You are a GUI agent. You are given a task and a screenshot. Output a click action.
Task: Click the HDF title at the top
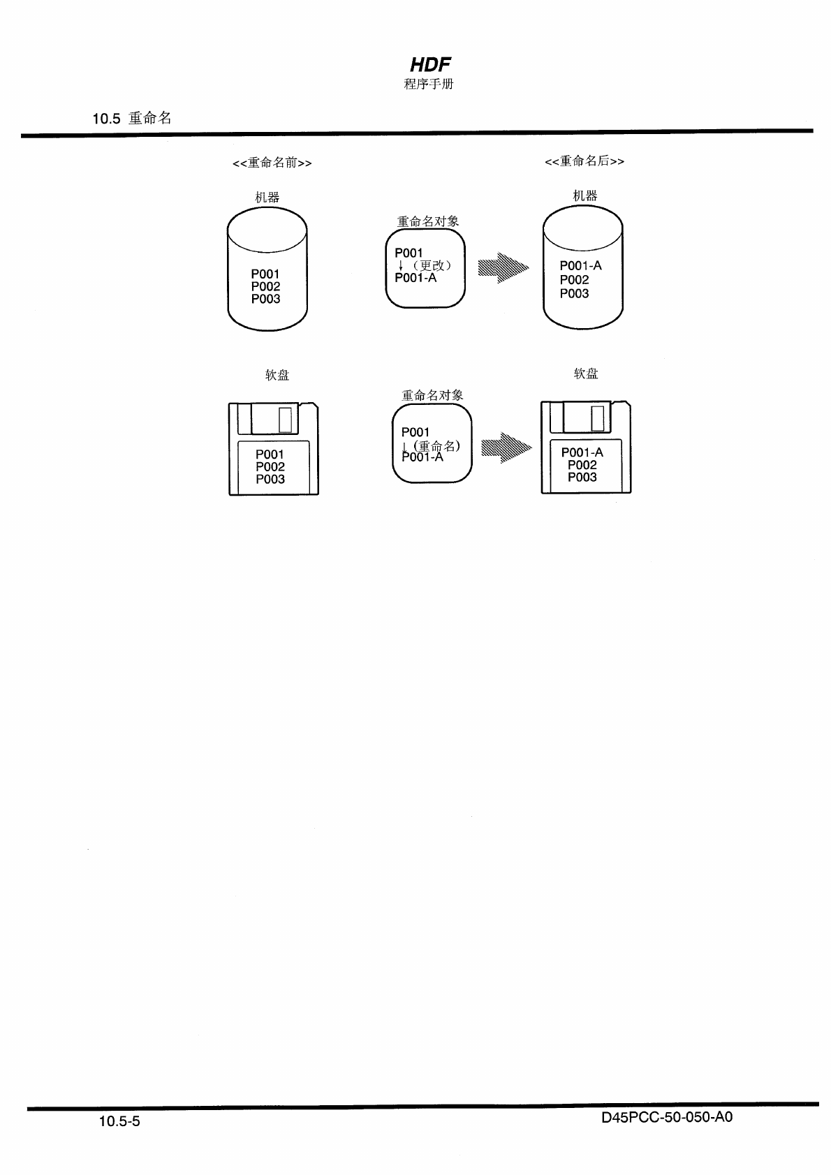point(429,65)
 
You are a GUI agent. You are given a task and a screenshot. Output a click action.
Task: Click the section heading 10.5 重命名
point(132,119)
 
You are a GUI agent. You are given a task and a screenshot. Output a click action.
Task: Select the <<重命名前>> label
point(272,163)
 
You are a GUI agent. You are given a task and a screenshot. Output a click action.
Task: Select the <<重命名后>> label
point(584,162)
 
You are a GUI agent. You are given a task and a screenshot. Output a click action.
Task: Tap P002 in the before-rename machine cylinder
point(266,286)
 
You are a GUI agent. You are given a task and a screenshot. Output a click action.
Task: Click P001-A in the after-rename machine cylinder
point(580,266)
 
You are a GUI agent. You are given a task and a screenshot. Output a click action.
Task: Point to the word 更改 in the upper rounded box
point(432,265)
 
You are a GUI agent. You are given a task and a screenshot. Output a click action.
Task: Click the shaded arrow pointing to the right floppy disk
point(506,448)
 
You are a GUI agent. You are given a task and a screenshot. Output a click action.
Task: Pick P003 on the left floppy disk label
point(270,479)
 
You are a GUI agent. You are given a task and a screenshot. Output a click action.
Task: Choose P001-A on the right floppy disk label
point(582,452)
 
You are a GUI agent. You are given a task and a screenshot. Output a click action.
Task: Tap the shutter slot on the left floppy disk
point(285,420)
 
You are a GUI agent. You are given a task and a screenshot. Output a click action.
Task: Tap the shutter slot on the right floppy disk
point(597,418)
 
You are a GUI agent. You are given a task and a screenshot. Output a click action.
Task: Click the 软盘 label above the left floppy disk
point(277,375)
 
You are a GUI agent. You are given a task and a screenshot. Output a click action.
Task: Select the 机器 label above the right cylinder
point(585,196)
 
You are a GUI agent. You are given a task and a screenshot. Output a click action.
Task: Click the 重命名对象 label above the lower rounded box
point(432,395)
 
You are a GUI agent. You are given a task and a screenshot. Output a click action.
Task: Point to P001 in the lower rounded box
point(415,432)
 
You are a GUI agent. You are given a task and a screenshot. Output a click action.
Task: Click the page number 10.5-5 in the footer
point(119,1121)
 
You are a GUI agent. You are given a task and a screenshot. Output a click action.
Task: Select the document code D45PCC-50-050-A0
point(666,1117)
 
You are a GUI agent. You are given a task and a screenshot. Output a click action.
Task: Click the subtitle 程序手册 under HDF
point(429,84)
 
